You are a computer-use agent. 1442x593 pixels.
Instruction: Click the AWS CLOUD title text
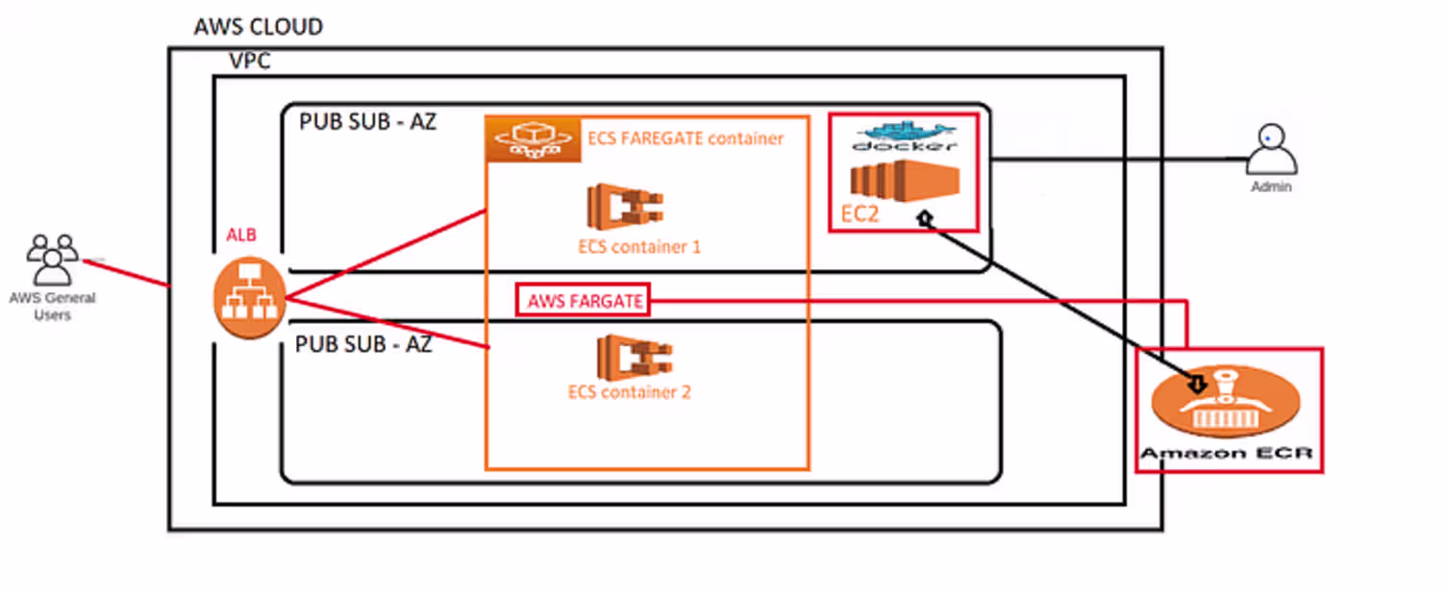(x=258, y=27)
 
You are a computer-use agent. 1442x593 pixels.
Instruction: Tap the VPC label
(x=250, y=62)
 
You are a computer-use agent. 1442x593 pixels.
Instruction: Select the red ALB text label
(x=241, y=235)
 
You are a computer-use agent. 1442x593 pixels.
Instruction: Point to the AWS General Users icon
(x=53, y=259)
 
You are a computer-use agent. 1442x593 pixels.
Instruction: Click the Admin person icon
(x=1271, y=150)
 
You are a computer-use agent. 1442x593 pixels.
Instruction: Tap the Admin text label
(x=1271, y=187)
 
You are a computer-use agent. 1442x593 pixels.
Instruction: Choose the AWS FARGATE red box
(x=584, y=301)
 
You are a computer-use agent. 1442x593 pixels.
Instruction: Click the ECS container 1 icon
(x=627, y=205)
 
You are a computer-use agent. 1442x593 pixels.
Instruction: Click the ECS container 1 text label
(x=639, y=247)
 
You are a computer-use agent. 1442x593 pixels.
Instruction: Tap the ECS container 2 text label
(x=630, y=392)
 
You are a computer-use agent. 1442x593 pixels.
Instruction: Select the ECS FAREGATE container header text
(x=685, y=138)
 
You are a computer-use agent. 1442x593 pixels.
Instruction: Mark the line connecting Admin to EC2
(x=1115, y=159)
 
